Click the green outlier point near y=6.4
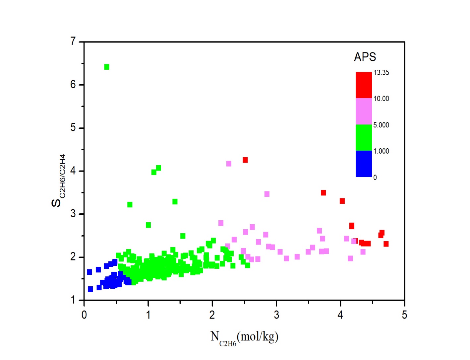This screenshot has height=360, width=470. coord(107,67)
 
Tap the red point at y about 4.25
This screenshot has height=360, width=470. coord(245,160)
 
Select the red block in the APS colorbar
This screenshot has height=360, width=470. coord(364,85)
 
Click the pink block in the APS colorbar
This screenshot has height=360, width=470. coord(364,111)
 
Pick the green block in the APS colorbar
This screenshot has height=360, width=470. coord(364,137)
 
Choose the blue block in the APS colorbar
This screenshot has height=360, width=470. coord(364,164)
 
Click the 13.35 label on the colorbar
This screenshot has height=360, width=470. coord(381,73)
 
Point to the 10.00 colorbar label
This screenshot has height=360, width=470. coord(381,99)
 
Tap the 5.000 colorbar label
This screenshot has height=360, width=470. coord(381,125)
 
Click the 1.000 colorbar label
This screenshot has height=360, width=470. coord(381,151)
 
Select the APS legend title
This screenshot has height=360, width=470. coord(365,57)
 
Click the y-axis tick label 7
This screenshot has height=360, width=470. coord(73,41)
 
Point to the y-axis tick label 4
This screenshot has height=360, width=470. coord(73,171)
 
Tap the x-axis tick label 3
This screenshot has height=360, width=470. coord(276,315)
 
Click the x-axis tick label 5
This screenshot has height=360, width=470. coord(404,315)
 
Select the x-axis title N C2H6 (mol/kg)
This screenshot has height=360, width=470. coord(244,337)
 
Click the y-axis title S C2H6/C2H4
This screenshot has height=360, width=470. coord(58,180)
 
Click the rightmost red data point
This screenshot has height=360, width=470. coord(386,244)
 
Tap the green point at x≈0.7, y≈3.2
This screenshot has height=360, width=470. coord(130,205)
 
